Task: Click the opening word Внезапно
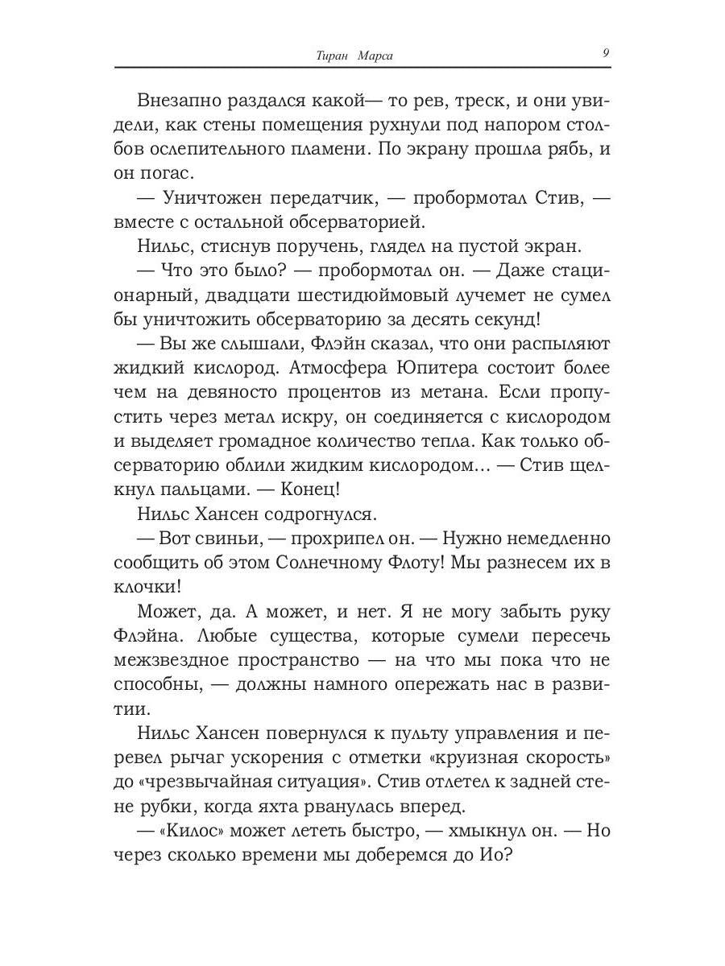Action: click(x=179, y=101)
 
